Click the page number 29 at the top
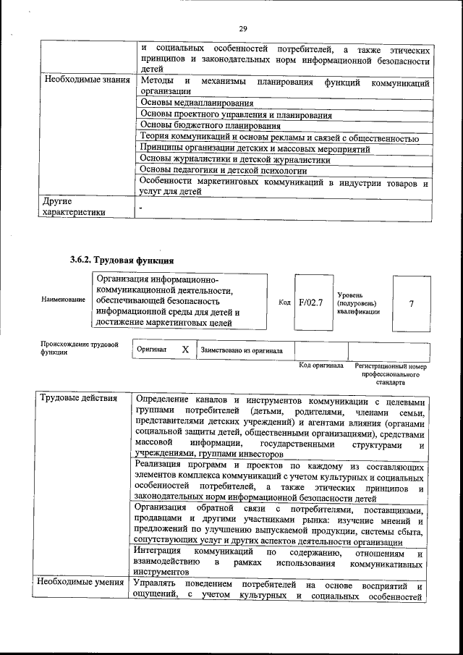(x=243, y=28)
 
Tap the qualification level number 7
(x=411, y=303)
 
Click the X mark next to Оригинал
(x=185, y=349)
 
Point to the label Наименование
(x=63, y=299)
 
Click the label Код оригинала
(x=321, y=366)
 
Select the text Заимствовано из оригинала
(x=242, y=350)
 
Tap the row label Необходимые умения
(x=82, y=583)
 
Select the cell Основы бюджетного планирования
(x=200, y=126)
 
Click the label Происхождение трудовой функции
(x=79, y=348)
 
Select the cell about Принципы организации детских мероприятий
(x=255, y=148)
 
